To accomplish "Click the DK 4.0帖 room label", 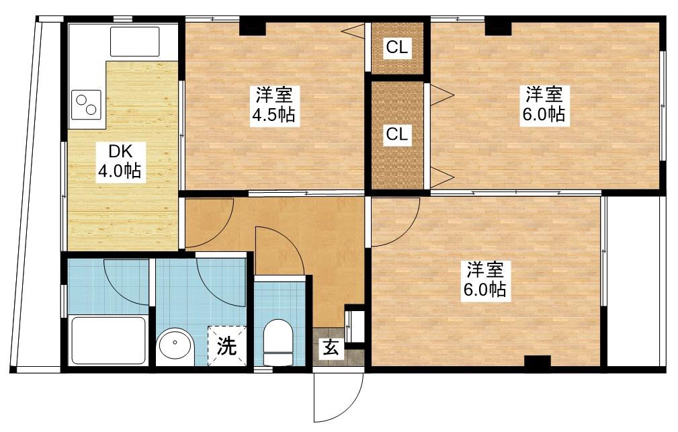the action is pyautogui.click(x=119, y=162).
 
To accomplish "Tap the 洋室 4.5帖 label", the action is pyautogui.click(x=273, y=105).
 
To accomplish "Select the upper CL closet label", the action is pyautogui.click(x=397, y=47).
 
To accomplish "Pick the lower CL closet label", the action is pyautogui.click(x=397, y=134).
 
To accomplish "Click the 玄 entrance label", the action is pyautogui.click(x=331, y=347).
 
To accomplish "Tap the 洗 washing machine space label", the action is pyautogui.click(x=226, y=345).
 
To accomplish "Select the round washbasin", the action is pyautogui.click(x=175, y=343).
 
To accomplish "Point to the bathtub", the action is pyautogui.click(x=108, y=341).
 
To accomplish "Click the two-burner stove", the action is pyautogui.click(x=87, y=105).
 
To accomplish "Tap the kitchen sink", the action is pyautogui.click(x=134, y=42).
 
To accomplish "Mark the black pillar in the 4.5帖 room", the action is pyautogui.click(x=253, y=26).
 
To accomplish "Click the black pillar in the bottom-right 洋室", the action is pyautogui.click(x=538, y=362).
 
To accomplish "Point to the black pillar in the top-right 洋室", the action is pyautogui.click(x=498, y=26).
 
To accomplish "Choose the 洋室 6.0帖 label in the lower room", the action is pyautogui.click(x=484, y=279).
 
